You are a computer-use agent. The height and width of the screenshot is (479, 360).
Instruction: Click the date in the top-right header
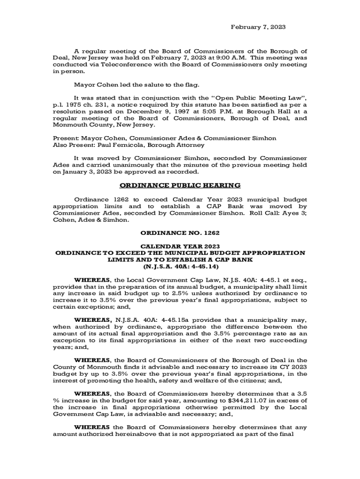point(259,28)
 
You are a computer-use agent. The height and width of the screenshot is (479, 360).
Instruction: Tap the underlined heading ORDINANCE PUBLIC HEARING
point(180,185)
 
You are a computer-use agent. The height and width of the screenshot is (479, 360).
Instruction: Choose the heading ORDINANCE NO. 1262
point(180,232)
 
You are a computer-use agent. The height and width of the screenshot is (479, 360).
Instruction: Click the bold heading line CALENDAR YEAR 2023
point(180,246)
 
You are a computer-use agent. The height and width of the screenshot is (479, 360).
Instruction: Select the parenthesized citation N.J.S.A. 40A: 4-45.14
point(180,266)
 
